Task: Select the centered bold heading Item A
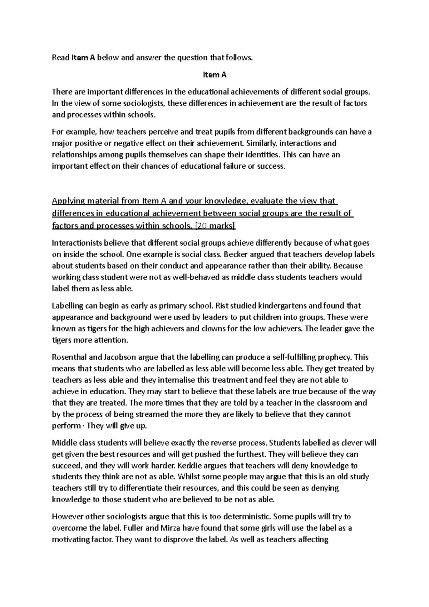click(x=214, y=75)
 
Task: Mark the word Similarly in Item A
click(x=259, y=143)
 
